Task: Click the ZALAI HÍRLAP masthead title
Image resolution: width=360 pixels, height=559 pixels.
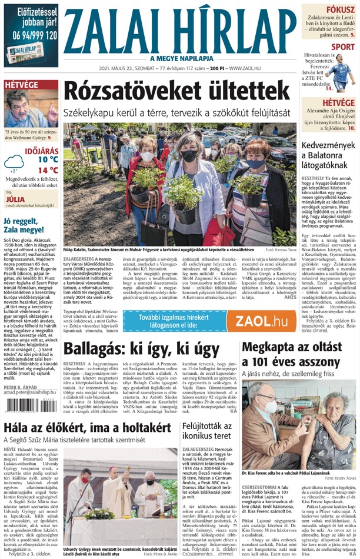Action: pyautogui.click(x=180, y=29)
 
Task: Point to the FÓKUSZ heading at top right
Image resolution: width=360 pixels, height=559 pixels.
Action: pyautogui.click(x=341, y=9)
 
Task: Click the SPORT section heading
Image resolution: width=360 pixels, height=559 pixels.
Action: pyautogui.click(x=342, y=46)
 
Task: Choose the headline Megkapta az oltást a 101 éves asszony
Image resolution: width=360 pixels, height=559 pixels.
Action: pyautogui.click(x=298, y=354)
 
